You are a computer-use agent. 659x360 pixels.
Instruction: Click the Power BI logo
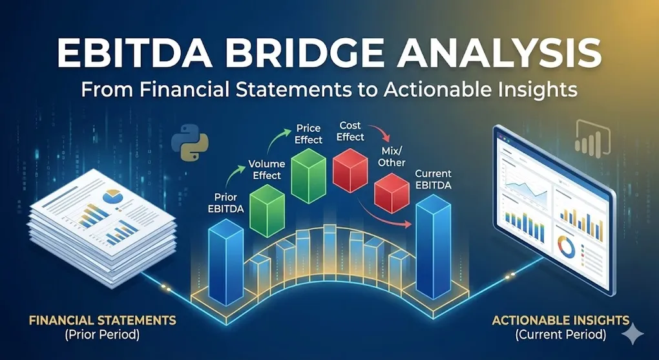[x=584, y=136]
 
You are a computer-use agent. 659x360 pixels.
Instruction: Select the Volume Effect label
[x=265, y=169]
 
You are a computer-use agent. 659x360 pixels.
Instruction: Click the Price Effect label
[x=309, y=134]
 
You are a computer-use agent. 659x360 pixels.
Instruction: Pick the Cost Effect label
[x=351, y=131]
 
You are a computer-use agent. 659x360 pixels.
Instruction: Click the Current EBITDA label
[x=433, y=180]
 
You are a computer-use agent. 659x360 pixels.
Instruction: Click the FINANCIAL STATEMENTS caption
[x=103, y=320]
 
